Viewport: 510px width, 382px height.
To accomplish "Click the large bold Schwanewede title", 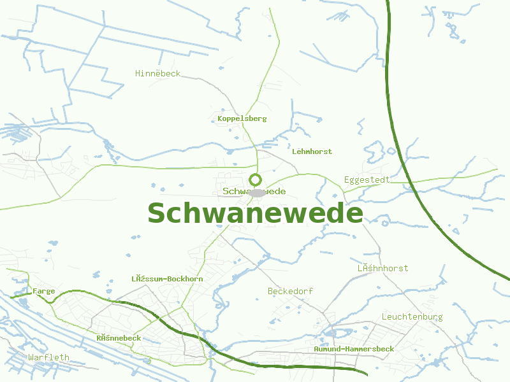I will pos(255,213).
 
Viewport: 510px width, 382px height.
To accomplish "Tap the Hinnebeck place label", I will pos(157,74).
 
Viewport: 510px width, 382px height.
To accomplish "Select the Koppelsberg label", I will pos(242,118).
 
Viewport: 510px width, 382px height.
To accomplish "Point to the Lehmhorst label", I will pos(312,152).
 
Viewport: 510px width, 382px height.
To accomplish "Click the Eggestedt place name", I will pos(367,180).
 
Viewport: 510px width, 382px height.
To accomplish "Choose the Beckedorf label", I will pos(290,291).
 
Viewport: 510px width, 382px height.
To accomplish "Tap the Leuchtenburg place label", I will pos(412,316).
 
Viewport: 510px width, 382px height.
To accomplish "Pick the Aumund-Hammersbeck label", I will pos(354,349).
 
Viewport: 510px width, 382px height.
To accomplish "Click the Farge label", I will pos(44,291).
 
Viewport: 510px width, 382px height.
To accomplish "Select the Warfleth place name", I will pos(48,357).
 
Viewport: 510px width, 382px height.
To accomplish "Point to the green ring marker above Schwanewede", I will pos(256,180).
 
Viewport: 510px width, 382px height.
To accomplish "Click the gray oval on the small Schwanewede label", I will pos(257,192).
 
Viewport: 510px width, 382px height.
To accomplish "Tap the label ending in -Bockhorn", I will pos(167,279).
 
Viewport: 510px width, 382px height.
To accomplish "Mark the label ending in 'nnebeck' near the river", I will pos(119,338).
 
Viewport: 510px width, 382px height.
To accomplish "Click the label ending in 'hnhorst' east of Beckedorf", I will pos(382,268).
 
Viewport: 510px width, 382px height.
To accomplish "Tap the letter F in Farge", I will pos(34,291).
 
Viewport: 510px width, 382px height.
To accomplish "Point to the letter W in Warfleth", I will pos(31,357).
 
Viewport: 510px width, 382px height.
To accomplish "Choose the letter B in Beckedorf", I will pos(271,291).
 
